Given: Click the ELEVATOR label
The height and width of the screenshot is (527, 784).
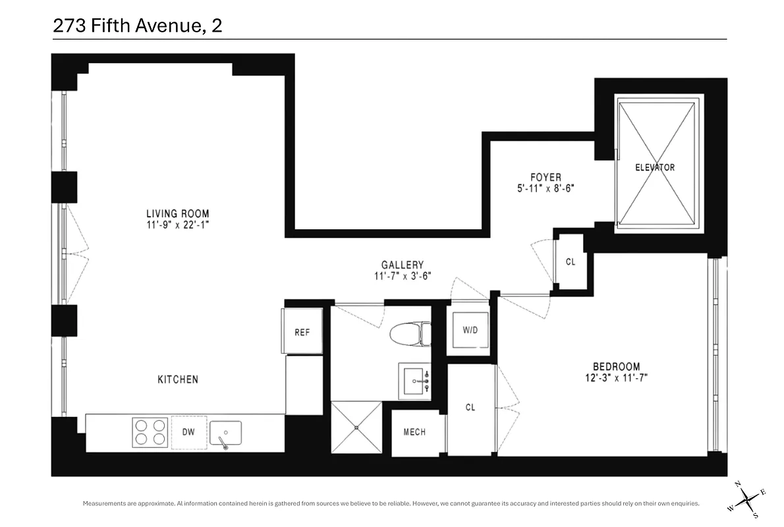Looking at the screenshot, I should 654,167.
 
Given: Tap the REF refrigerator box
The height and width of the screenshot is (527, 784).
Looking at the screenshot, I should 302,332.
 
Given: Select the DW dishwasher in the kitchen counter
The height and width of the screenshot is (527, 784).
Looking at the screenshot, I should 189,433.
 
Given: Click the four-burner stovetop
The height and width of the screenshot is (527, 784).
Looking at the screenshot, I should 149,433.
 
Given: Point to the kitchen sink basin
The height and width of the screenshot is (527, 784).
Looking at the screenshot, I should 225,433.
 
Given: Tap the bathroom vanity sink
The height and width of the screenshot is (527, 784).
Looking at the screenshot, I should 415,380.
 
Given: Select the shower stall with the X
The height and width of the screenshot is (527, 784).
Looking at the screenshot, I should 356,428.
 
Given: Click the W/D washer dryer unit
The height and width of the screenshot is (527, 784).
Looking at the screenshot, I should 470,330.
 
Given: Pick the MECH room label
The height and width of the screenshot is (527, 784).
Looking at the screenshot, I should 414,432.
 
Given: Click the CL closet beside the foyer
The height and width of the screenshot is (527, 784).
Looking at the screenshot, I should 571,262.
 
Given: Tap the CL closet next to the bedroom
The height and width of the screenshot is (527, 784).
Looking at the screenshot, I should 470,408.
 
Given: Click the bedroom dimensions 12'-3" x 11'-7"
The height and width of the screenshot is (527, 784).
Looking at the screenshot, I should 616,378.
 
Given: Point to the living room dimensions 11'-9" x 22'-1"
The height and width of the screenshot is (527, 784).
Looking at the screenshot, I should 177,225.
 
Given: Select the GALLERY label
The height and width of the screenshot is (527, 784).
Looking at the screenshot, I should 402,265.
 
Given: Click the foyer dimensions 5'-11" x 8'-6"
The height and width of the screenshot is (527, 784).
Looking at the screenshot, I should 546,188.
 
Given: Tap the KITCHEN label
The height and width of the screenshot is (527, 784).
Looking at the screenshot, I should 177,379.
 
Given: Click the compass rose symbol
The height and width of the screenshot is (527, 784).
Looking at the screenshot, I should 748,500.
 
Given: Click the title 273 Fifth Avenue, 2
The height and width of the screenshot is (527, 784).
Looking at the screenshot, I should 136,27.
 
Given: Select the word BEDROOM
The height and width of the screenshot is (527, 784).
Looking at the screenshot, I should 616,367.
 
